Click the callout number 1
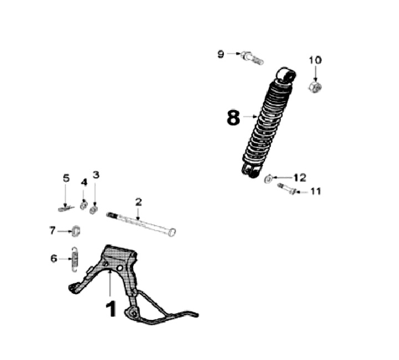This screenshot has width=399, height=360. [x=111, y=308]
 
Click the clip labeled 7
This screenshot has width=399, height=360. [x=76, y=230]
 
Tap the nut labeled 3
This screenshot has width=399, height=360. [x=94, y=210]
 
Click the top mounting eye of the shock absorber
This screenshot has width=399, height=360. [x=285, y=74]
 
